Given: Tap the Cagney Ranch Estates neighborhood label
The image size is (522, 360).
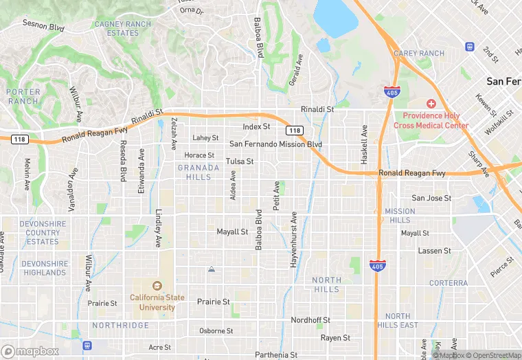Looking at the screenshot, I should (x=123, y=28).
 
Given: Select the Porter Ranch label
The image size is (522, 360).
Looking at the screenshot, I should (x=23, y=96).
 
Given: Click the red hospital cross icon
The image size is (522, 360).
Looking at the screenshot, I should (x=431, y=104).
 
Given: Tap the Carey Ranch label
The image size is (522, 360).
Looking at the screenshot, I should (x=419, y=54).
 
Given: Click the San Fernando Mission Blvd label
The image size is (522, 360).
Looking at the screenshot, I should (x=275, y=144).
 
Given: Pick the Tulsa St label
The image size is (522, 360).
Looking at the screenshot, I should (x=240, y=161).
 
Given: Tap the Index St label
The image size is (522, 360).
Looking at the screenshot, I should (x=257, y=127).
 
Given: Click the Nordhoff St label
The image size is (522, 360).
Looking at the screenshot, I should (x=310, y=320).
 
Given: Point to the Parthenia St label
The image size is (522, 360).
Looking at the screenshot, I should (x=276, y=355).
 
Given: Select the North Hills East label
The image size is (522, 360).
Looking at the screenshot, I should (x=397, y=320).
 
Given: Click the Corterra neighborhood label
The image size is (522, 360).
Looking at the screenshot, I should (x=448, y=283).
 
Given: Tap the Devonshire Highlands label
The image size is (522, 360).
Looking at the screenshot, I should (x=45, y=268).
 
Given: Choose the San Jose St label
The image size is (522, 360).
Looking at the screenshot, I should (x=431, y=198).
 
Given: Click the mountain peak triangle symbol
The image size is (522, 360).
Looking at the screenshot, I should (x=212, y=269).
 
